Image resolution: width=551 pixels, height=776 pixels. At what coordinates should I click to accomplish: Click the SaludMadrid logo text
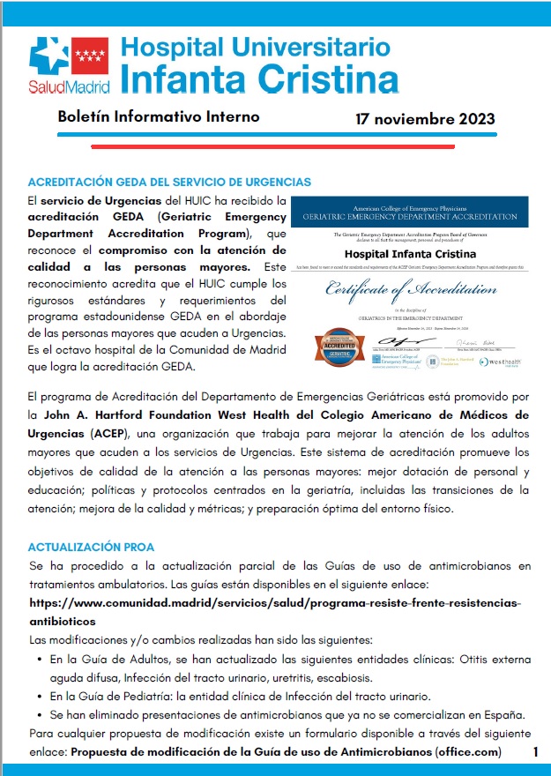coord(70,87)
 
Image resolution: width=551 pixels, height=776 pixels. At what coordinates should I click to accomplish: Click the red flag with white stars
coord(89,57)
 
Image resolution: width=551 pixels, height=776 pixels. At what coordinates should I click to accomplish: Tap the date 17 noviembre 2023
coord(425,119)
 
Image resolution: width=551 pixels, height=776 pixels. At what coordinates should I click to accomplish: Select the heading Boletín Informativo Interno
coord(158,116)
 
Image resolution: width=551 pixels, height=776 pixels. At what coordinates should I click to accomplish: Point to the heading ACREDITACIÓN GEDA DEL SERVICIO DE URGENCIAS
coord(169,182)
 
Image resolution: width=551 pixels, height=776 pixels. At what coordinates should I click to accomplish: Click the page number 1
coord(534,751)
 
